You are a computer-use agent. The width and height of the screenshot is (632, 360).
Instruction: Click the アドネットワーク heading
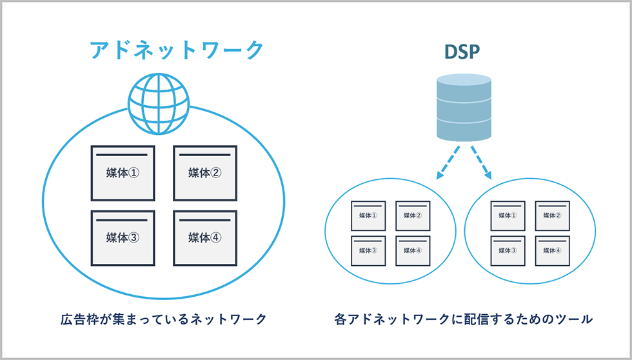click(177, 50)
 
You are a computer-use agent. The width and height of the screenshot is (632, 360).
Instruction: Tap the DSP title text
click(463, 52)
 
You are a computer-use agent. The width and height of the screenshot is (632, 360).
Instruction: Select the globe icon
click(158, 105)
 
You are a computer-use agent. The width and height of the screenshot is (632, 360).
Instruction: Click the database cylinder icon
click(464, 107)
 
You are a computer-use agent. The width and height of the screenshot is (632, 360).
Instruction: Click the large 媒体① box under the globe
click(123, 172)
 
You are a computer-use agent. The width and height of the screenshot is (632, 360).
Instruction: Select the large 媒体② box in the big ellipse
click(205, 172)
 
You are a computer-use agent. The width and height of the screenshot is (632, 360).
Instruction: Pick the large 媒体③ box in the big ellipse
click(123, 237)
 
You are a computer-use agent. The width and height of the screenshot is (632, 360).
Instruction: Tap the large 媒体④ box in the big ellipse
click(205, 237)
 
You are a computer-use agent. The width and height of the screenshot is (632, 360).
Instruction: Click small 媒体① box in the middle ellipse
click(368, 215)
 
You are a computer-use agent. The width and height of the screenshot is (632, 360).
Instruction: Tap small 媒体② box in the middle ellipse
click(413, 215)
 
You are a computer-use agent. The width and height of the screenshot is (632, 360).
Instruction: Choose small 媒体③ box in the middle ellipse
click(368, 250)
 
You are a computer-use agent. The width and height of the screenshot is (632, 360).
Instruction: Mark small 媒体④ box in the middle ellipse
click(413, 250)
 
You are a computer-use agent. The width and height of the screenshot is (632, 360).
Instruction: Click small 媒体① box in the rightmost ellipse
click(508, 215)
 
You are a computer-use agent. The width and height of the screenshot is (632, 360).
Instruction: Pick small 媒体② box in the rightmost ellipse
click(553, 215)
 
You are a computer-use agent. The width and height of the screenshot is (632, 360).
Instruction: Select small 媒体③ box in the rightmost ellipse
click(508, 250)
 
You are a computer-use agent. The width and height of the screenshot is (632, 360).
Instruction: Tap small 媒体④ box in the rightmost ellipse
click(553, 250)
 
